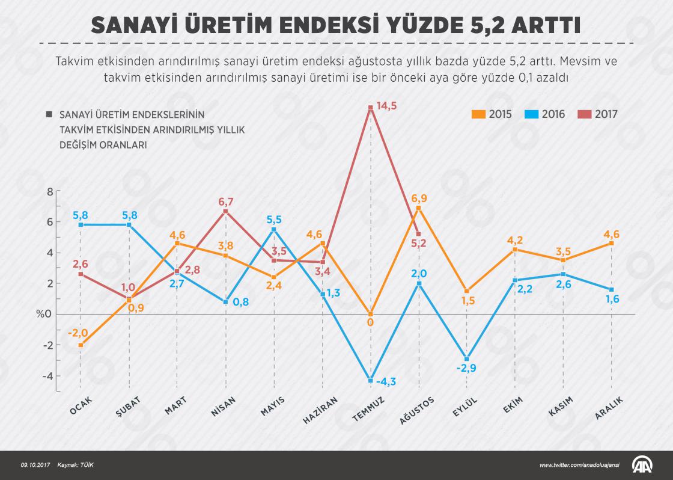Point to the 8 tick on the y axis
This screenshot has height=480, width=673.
click(50, 191)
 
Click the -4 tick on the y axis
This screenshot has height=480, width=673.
click(48, 376)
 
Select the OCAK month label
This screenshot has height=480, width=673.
click(81, 406)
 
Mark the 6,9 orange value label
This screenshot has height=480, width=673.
click(419, 198)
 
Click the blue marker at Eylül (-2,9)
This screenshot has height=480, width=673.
click(467, 358)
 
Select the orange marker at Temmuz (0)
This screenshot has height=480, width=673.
click(371, 314)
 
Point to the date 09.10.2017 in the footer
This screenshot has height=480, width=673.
click(35, 466)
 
